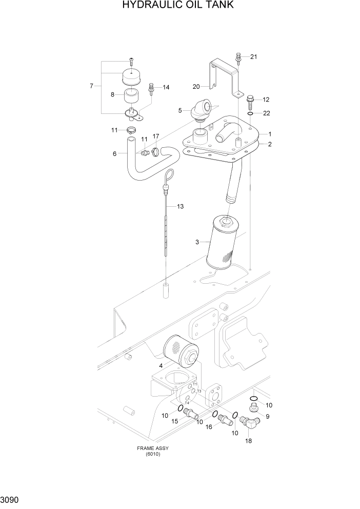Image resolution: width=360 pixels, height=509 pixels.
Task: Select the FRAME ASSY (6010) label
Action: [152, 451]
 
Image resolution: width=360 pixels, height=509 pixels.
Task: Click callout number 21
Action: [253, 57]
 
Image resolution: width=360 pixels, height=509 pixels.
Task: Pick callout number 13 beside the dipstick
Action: [180, 206]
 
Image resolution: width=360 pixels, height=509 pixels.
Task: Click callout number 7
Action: [91, 86]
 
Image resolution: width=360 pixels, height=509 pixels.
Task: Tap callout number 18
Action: [249, 440]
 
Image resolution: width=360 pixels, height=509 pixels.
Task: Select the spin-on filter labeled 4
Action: [179, 355]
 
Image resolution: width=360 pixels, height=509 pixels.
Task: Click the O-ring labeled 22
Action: [250, 113]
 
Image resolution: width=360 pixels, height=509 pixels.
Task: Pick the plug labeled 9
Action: [253, 408]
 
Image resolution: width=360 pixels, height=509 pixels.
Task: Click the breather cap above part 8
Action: [131, 77]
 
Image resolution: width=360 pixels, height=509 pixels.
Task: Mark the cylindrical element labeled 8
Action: [131, 96]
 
